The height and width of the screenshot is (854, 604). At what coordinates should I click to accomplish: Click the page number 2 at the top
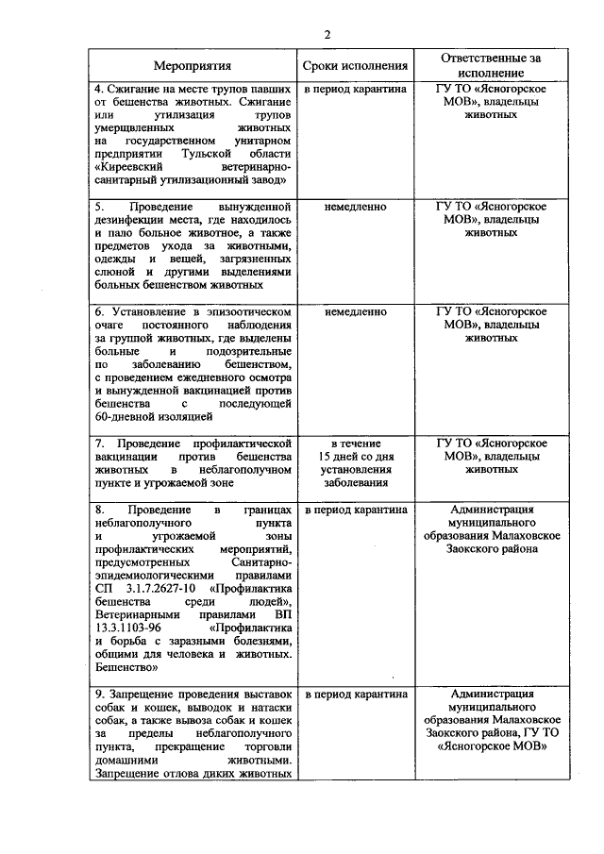click(x=327, y=35)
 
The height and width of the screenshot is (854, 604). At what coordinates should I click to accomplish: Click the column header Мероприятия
click(x=192, y=67)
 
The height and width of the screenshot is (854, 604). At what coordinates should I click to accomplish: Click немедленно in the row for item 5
click(x=355, y=206)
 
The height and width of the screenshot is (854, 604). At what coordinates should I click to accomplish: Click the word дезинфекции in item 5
click(x=131, y=219)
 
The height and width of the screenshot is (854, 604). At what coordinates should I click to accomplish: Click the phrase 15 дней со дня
click(x=355, y=456)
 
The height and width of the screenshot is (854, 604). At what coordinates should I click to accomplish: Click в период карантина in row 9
click(x=355, y=694)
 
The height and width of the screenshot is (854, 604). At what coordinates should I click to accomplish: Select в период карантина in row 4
click(x=355, y=88)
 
